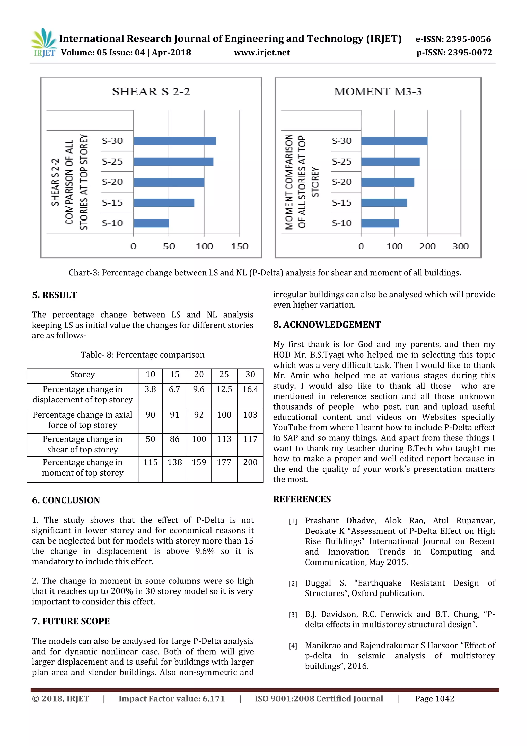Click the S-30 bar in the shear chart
[174, 141]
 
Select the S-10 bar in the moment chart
[380, 223]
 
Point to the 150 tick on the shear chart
[240, 246]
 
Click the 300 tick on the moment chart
[460, 246]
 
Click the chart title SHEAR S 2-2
[151, 92]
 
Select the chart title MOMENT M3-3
[378, 92]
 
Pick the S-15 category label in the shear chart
[112, 203]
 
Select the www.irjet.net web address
[262, 53]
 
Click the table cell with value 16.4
[250, 389]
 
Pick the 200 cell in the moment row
[250, 462]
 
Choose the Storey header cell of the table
[82, 375]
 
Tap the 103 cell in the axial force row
[250, 415]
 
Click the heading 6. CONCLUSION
[66, 500]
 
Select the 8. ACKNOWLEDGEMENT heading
[327, 325]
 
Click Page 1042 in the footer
[435, 699]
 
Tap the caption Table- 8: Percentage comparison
[143, 355]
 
